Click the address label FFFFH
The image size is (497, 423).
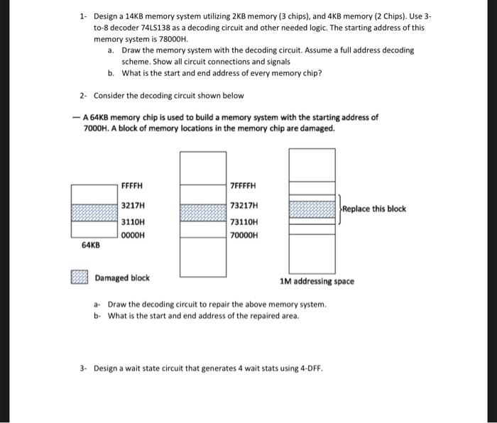click(132, 186)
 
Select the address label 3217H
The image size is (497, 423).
click(133, 205)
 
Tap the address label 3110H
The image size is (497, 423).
click(133, 221)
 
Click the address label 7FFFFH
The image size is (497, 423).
click(243, 186)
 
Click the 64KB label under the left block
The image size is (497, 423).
click(90, 245)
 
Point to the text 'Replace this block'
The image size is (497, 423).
click(374, 209)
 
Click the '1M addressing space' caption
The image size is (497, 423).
click(317, 281)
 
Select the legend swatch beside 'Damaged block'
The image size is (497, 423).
click(80, 278)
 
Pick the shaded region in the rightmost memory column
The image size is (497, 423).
click(312, 208)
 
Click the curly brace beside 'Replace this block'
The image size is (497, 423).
click(339, 209)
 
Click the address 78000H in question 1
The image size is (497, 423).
click(173, 40)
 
